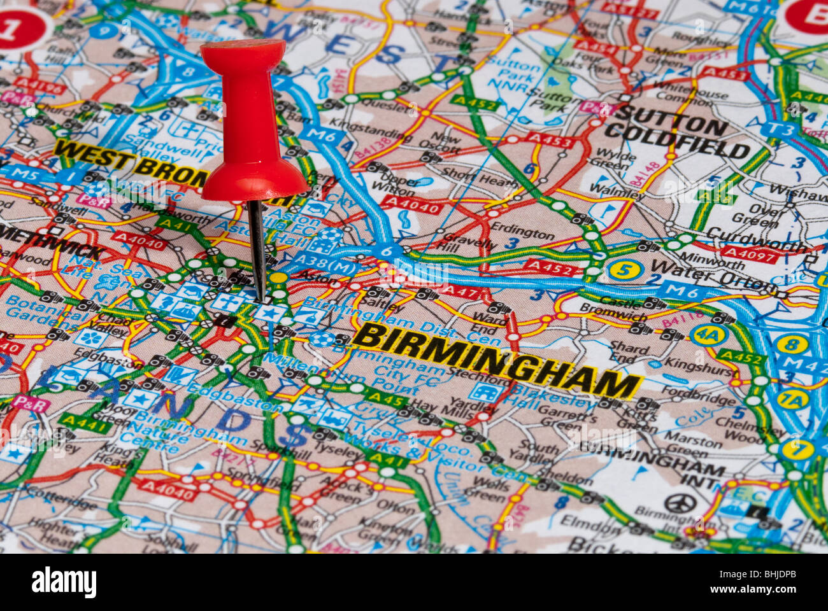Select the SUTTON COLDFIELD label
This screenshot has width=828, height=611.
[675, 137]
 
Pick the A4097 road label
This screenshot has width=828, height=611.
[749, 255]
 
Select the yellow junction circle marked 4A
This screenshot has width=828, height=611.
[708, 335]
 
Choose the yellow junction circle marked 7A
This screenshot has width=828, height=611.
[792, 400]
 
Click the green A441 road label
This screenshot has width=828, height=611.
[85, 423]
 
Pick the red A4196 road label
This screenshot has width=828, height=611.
[39, 86]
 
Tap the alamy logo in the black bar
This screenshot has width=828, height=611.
[64, 582]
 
